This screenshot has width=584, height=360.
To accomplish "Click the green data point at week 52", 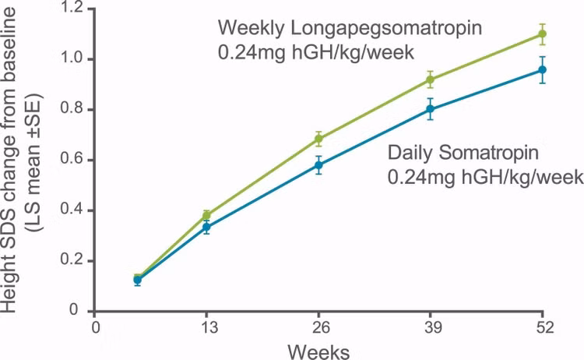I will [x=542, y=34].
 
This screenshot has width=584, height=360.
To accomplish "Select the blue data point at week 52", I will [x=542, y=69].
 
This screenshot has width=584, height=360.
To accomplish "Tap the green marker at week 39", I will [x=430, y=79].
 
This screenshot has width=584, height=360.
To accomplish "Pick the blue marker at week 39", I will [x=430, y=109].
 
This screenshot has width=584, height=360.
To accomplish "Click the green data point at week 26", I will [x=318, y=139].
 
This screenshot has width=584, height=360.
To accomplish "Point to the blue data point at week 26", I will [x=318, y=165].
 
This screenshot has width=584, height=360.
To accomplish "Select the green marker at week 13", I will [x=206, y=215].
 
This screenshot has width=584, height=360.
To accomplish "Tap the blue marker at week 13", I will [x=206, y=227].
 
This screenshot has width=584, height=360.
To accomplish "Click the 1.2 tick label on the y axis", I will [x=72, y=9].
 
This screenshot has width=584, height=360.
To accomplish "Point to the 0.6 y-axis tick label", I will [x=72, y=160].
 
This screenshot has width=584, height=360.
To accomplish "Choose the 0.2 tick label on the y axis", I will [x=72, y=260].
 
